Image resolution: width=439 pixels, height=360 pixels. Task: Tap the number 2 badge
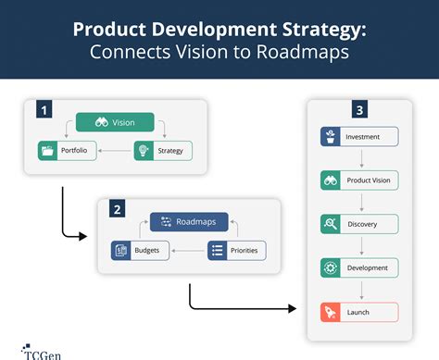(119, 210)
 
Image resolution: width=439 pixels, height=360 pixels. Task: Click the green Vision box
(114, 121)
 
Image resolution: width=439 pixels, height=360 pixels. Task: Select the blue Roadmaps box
(189, 222)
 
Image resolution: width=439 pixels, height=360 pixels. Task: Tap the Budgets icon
(121, 250)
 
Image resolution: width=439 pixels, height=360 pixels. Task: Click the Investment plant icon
(329, 137)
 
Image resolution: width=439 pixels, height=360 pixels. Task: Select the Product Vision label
(367, 180)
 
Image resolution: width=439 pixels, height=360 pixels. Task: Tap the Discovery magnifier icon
(329, 224)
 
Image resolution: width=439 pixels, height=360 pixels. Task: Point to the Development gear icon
(329, 267)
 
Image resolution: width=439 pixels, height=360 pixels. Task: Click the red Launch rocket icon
(329, 312)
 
